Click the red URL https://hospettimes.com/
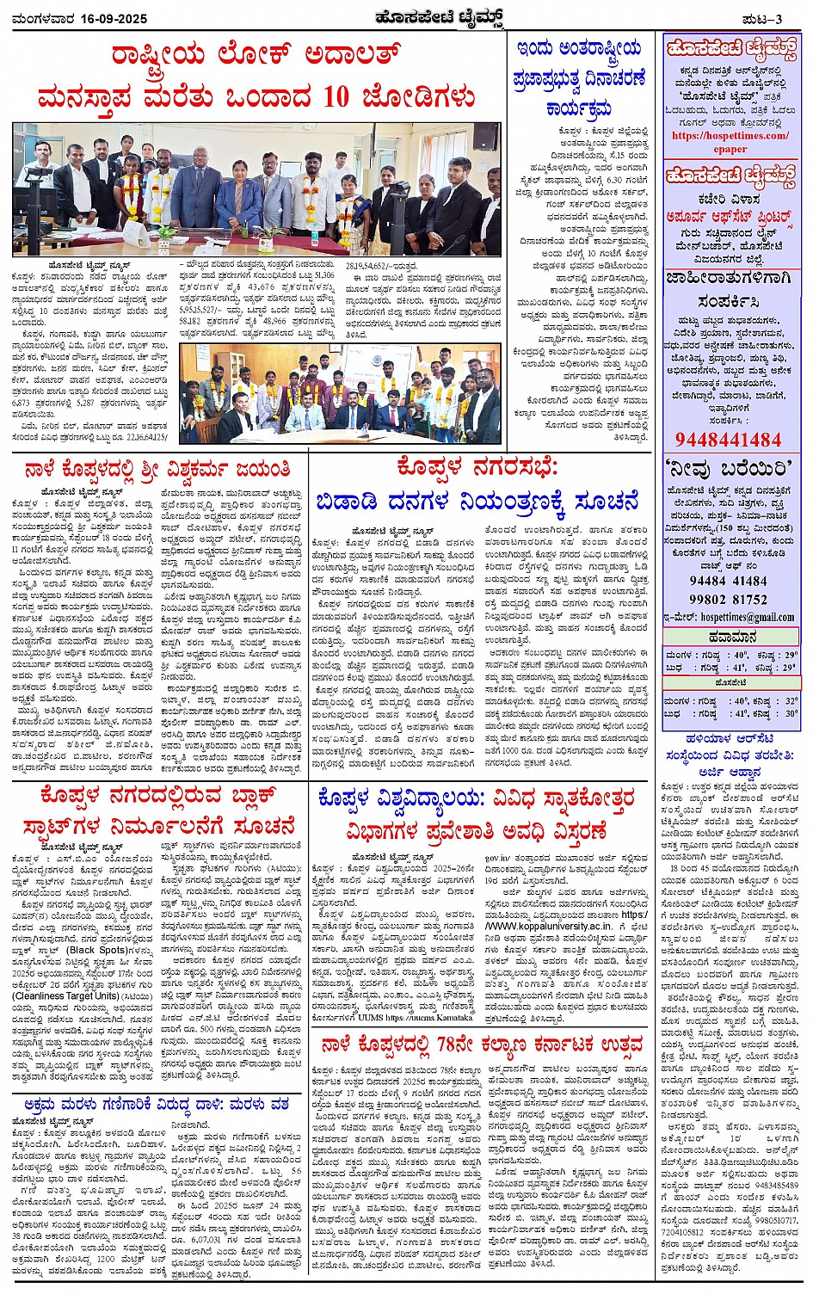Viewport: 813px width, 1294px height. coord(730,136)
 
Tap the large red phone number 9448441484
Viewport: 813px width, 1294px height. coord(728,440)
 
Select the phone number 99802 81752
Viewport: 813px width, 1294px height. coord(729,599)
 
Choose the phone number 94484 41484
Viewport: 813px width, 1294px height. coord(729,582)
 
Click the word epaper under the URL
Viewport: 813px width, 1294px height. coord(730,148)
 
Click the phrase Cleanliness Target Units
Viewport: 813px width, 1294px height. coord(65,995)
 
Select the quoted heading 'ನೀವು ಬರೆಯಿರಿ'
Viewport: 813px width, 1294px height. coord(729,469)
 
